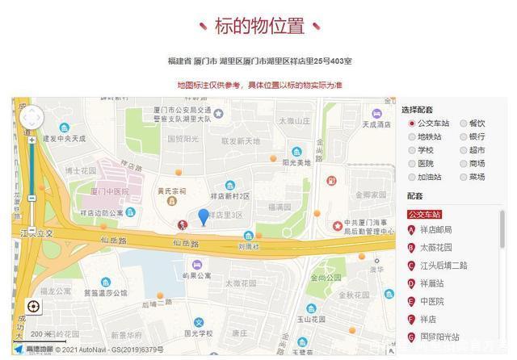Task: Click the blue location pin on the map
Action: [x=204, y=216]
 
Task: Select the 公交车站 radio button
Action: [x=412, y=123]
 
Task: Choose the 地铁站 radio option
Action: [x=412, y=136]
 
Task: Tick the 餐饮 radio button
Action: [x=464, y=123]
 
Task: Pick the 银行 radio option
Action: [x=464, y=136]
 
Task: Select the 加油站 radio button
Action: [x=412, y=177]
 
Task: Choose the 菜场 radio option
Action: [x=464, y=177]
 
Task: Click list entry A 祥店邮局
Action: [x=441, y=230]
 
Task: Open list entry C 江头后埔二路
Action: [x=443, y=266]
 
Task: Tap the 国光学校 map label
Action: [x=198, y=332]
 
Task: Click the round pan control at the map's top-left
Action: [x=32, y=118]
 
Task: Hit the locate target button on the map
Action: [x=33, y=307]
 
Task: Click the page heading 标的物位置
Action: [x=259, y=26]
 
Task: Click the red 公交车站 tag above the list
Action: [x=424, y=214]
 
